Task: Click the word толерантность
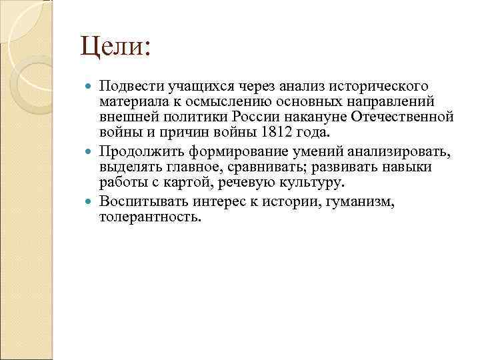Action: point(149,217)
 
